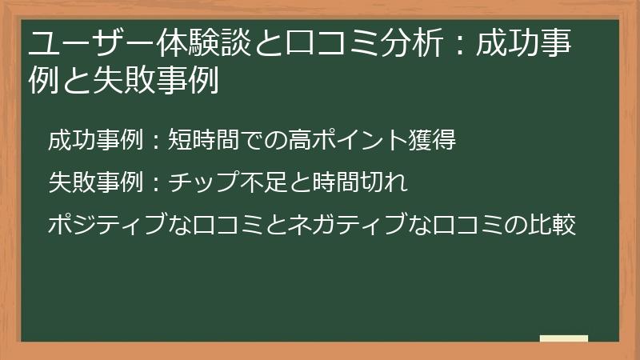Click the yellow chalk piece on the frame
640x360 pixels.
563,338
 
